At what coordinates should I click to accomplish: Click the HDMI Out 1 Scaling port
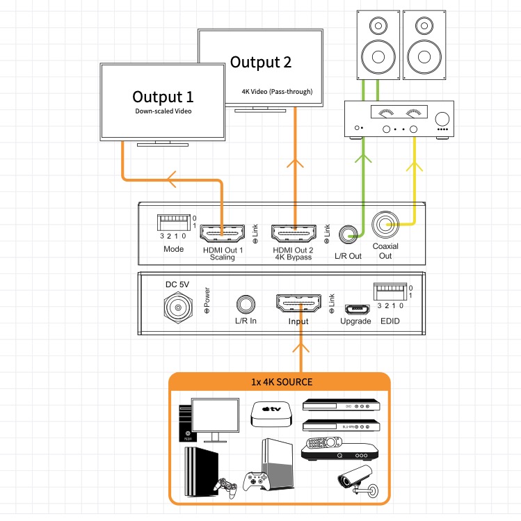coord(222,232)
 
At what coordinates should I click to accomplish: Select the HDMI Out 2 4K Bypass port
coord(294,232)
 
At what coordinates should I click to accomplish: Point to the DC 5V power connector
coord(178,306)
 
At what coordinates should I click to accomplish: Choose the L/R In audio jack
coord(245,304)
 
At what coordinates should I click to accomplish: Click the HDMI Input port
coord(302,305)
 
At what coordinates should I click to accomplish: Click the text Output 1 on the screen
coord(163,97)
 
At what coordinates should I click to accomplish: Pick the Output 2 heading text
coord(260,62)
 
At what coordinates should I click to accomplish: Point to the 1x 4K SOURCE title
coord(281,382)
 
